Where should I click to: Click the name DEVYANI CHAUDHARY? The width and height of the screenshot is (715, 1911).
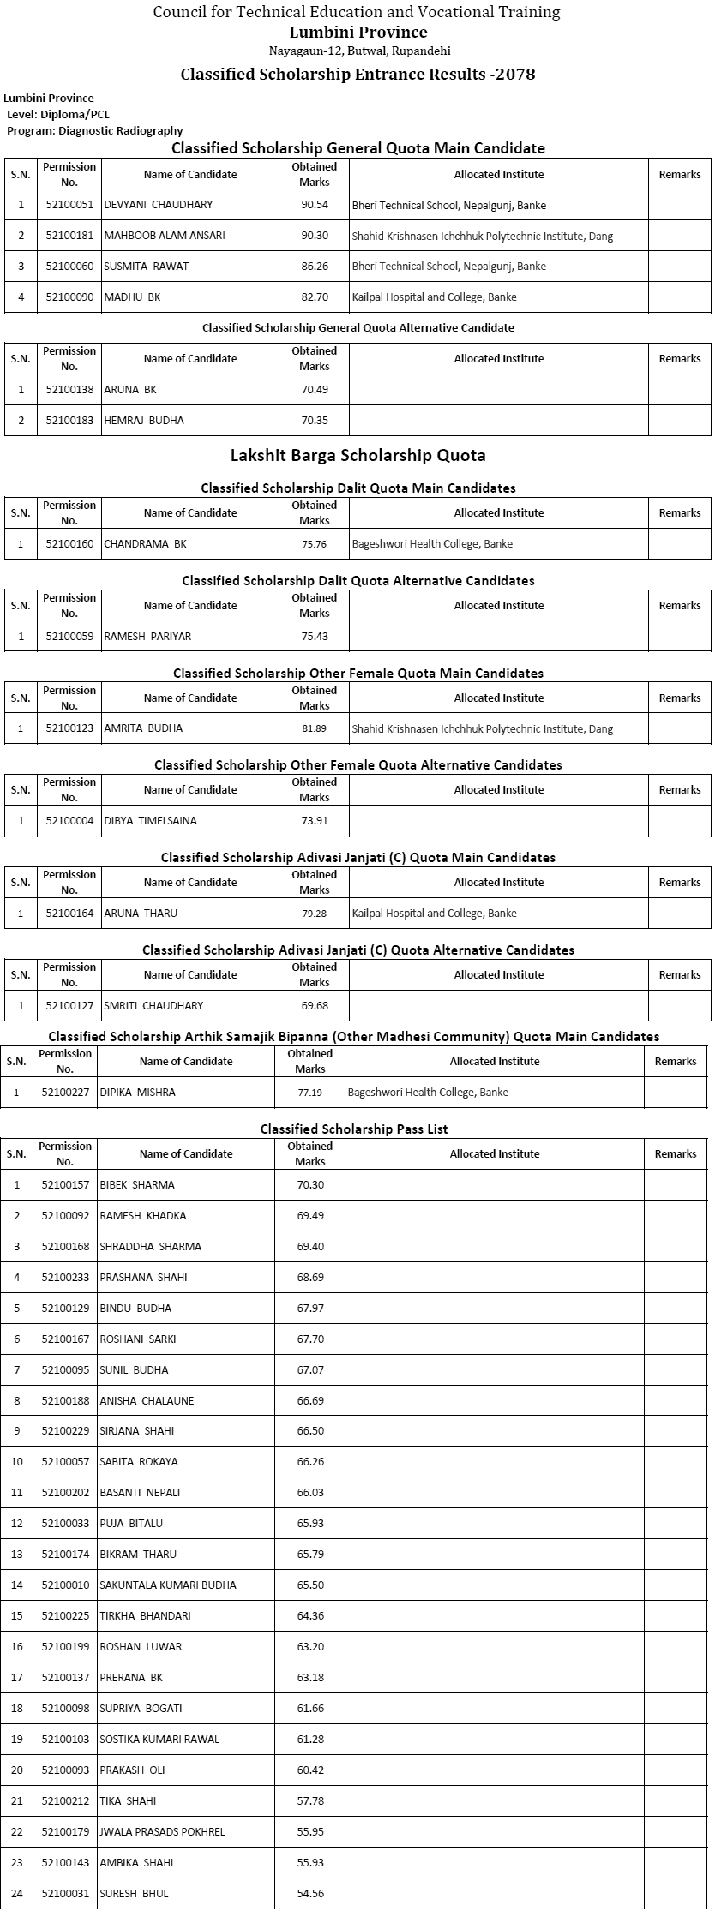(159, 205)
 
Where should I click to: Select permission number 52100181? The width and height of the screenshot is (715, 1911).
(69, 236)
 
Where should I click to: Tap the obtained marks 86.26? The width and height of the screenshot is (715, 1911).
(315, 267)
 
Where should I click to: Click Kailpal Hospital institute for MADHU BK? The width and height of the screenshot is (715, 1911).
(434, 297)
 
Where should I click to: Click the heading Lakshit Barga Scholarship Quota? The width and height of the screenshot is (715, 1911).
(358, 455)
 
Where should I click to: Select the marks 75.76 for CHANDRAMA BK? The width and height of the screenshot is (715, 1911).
(315, 544)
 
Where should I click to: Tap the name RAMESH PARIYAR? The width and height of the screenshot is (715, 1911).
(147, 637)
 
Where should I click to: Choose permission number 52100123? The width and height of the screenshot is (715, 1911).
(69, 728)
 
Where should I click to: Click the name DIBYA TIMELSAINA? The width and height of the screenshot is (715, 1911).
(150, 821)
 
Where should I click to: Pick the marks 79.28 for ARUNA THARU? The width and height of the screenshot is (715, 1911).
(315, 914)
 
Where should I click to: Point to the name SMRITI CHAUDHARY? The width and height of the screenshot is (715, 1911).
(153, 1006)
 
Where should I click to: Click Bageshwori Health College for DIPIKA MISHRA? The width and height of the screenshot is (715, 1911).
(428, 1093)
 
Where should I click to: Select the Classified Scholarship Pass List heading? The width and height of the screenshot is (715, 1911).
(354, 1129)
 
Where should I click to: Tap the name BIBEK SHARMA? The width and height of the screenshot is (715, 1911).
(137, 1185)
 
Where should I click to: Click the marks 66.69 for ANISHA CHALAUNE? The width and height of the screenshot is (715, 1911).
(310, 1401)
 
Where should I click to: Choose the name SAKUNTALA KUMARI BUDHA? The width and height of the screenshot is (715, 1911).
(168, 1585)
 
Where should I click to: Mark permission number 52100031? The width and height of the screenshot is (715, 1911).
(65, 1894)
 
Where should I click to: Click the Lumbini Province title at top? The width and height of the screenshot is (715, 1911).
(358, 33)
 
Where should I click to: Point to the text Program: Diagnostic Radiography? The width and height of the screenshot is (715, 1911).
(94, 131)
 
